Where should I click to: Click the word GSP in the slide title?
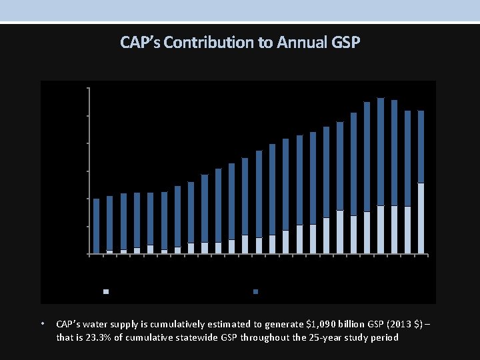coord(345,43)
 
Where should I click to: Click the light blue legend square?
coord(105,292)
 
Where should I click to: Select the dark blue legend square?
coord(256,292)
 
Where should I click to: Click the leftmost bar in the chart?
coord(96,226)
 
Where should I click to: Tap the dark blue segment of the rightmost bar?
coord(421,147)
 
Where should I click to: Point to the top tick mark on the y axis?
coord(87,87)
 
